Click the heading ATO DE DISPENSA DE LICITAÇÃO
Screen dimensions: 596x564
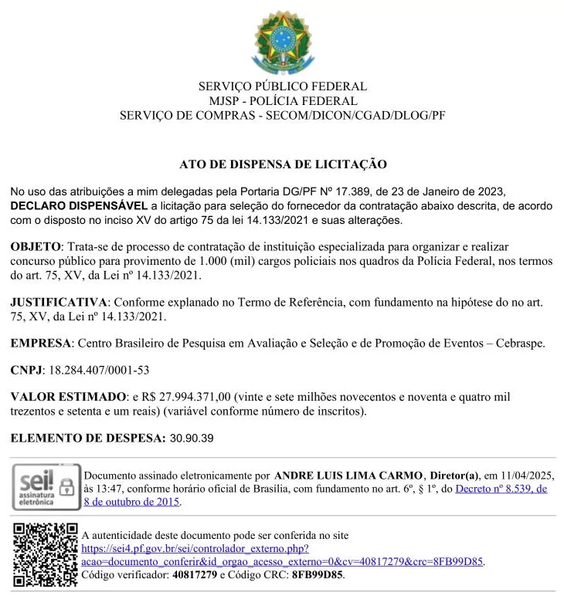click(283, 164)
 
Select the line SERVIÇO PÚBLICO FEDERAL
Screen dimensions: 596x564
click(282, 86)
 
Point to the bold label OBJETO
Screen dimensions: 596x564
click(35, 246)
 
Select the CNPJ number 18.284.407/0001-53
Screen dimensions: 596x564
click(100, 371)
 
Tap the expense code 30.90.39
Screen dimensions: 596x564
click(192, 439)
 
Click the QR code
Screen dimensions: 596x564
click(45, 554)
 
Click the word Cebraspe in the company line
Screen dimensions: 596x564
click(518, 343)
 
